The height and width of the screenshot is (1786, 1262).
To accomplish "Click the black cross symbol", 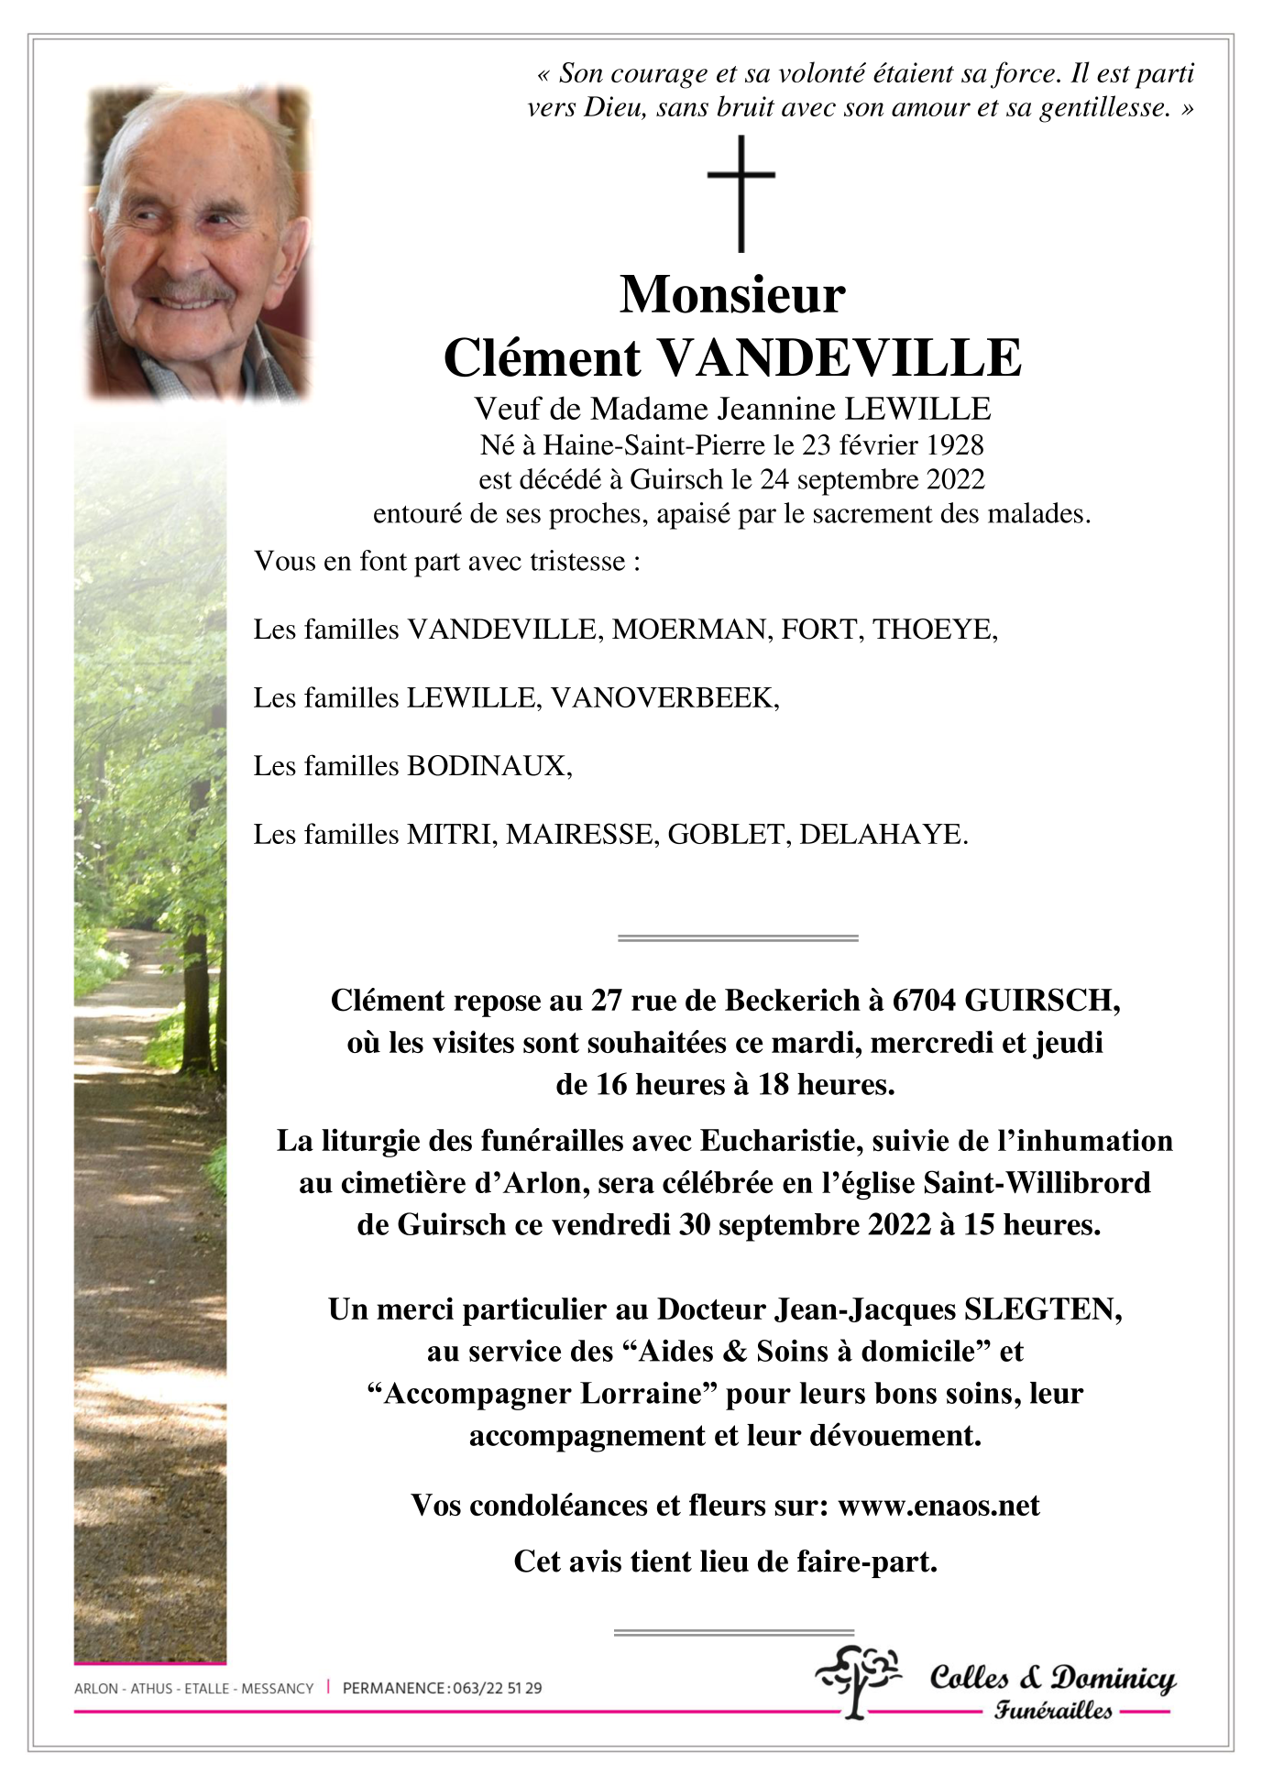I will [741, 193].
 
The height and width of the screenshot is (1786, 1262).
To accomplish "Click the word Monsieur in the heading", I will [732, 295].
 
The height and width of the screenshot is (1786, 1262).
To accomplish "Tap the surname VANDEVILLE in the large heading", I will [840, 358].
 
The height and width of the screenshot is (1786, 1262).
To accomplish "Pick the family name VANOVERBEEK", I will [664, 698].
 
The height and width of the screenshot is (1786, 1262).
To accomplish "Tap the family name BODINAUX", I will [488, 766].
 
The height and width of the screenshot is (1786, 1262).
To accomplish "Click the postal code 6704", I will [925, 1001].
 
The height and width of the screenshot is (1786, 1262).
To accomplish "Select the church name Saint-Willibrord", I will [1037, 1183].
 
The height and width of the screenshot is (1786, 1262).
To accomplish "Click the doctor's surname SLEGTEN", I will [1042, 1309].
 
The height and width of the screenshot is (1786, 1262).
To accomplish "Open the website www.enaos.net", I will [938, 1506].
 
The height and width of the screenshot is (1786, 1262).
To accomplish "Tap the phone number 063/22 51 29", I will [497, 1688].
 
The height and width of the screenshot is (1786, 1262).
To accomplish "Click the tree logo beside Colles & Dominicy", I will [858, 1680].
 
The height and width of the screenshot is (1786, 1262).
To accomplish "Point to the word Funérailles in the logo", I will [1053, 1710].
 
